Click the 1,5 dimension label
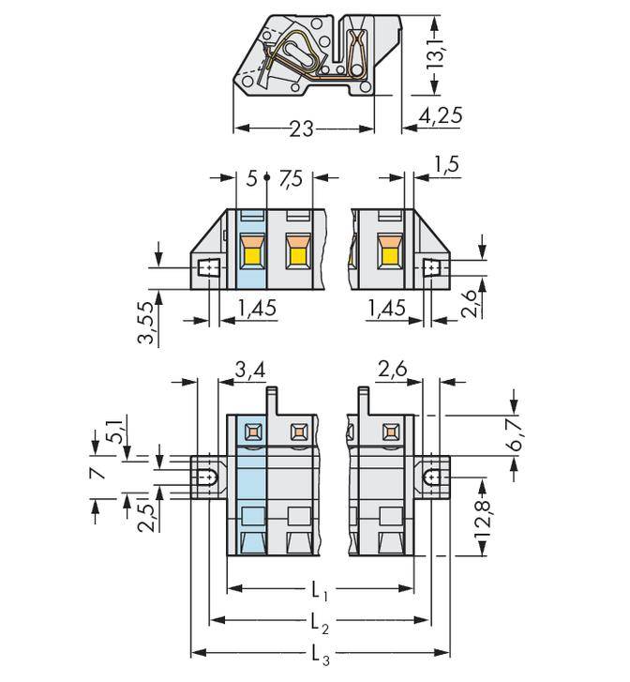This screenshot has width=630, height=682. pos(447,166)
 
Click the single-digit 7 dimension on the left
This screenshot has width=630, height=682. pos(96,469)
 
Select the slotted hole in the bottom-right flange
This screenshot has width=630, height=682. pos(432,478)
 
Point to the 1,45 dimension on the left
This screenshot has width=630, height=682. pos(255,305)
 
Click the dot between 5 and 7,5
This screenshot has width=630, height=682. pos(268,177)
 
